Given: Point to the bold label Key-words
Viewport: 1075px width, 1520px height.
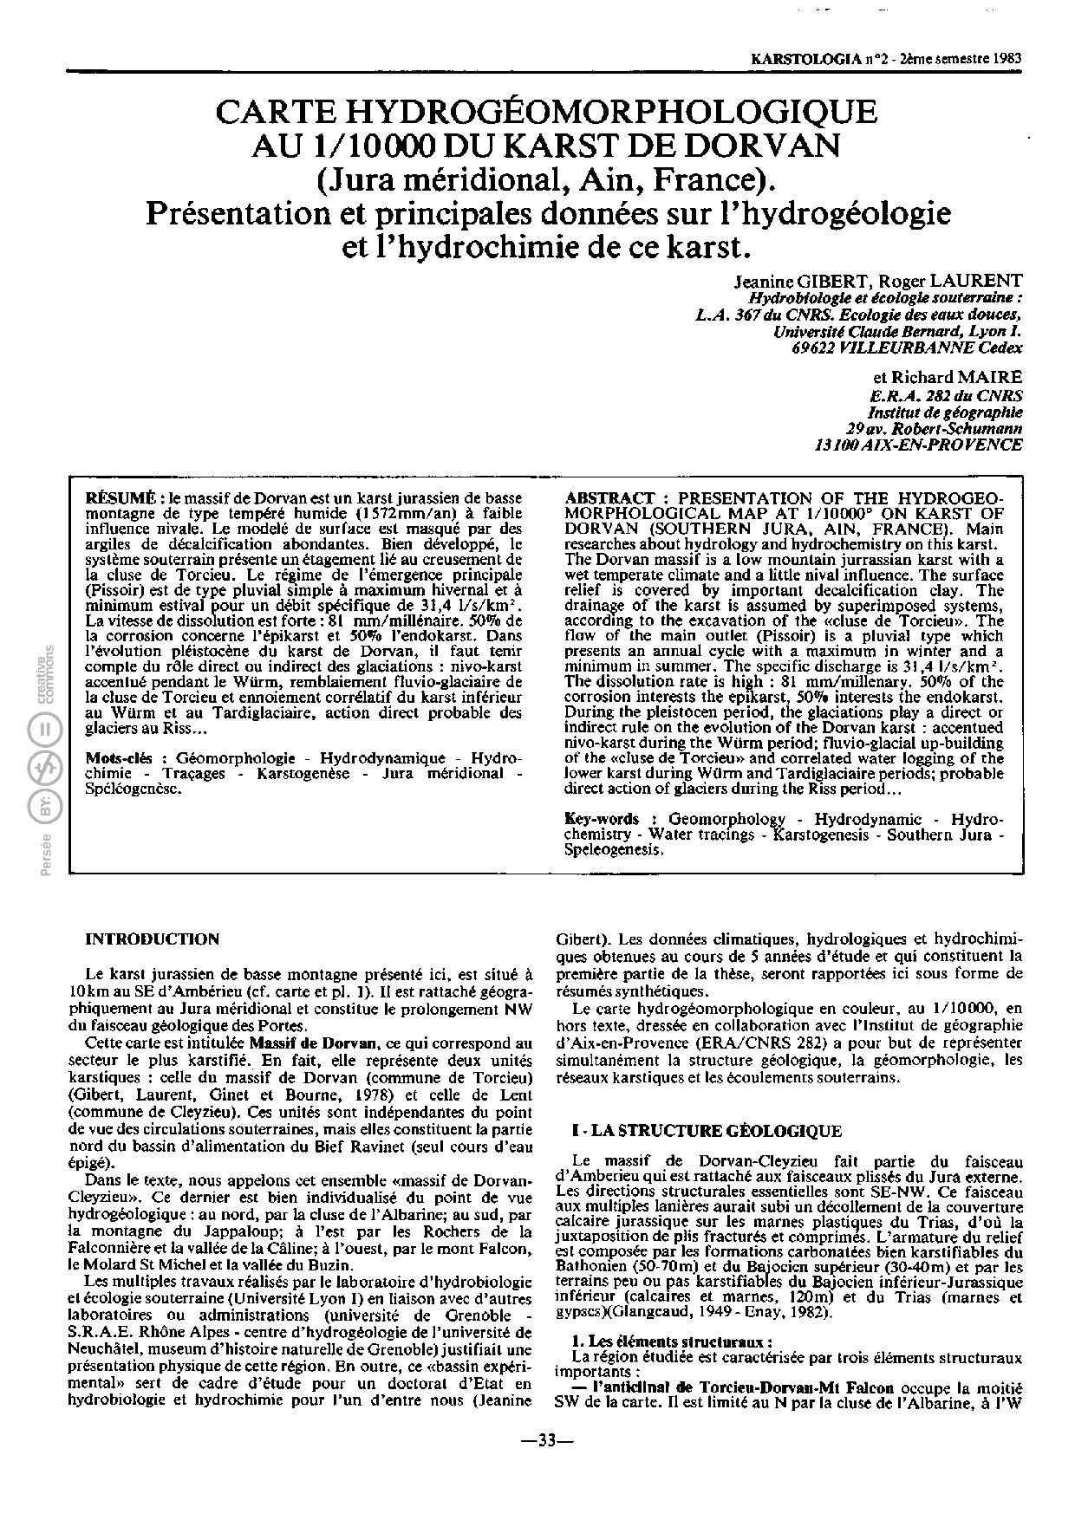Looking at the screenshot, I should [602, 819].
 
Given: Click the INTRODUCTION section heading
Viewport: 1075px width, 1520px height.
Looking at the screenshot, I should [153, 939].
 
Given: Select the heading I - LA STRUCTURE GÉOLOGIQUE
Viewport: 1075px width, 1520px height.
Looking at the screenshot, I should [706, 1131].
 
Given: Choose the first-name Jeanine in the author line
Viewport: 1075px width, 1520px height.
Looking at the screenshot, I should [762, 281].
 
